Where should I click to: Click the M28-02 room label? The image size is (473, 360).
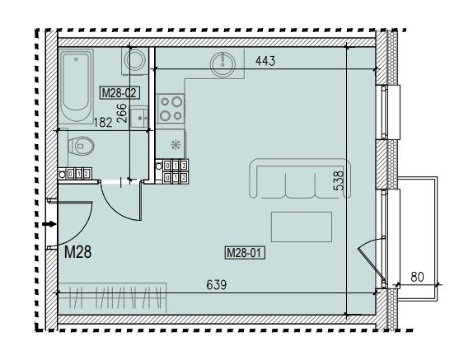pyautogui.click(x=119, y=92)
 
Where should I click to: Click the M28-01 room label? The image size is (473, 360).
pyautogui.click(x=245, y=253)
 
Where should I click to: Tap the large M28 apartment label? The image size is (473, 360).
pyautogui.click(x=77, y=252)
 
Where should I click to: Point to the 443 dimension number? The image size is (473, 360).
pyautogui.click(x=265, y=61)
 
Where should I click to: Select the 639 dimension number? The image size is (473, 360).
pyautogui.click(x=217, y=284)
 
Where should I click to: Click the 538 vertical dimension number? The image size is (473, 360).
pyautogui.click(x=339, y=180)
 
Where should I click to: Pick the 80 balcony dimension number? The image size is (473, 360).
pyautogui.click(x=417, y=277)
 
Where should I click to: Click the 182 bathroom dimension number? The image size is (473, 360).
pyautogui.click(x=103, y=123)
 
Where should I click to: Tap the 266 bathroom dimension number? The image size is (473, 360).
pyautogui.click(x=122, y=113)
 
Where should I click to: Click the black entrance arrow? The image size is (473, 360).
pyautogui.click(x=49, y=224)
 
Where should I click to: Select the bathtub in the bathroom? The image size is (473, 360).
pyautogui.click(x=77, y=86)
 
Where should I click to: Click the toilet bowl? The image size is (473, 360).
pyautogui.click(x=81, y=147)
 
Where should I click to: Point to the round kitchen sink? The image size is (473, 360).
pyautogui.click(x=222, y=64)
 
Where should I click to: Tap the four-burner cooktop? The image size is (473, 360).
pyautogui.click(x=171, y=108)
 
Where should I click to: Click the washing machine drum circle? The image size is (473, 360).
pyautogui.click(x=135, y=60)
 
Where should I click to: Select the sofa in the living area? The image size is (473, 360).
pyautogui.click(x=300, y=178)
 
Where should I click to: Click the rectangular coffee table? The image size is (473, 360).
pyautogui.click(x=302, y=227)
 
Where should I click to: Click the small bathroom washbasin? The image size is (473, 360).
pyautogui.click(x=139, y=118)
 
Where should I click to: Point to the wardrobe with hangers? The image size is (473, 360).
pyautogui.click(x=112, y=298)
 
